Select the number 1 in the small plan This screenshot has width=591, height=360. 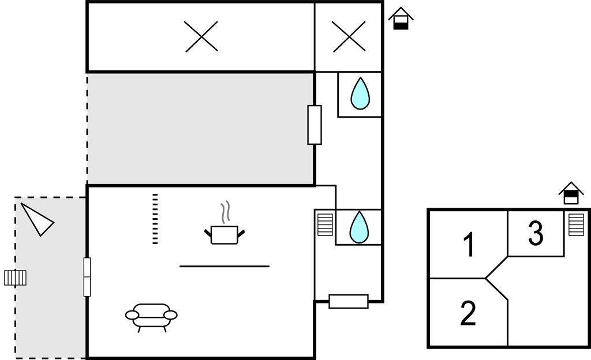click(470, 244)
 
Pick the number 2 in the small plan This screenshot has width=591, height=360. click(468, 313)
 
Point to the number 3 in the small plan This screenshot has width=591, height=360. click(536, 234)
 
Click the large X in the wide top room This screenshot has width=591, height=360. click(201, 36)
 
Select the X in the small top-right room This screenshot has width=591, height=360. click(349, 36)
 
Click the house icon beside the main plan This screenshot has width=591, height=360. click(401, 18)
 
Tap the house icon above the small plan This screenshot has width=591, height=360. click(571, 193)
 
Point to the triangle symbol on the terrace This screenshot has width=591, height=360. click(37, 218)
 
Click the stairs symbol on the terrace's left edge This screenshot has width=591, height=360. click(16, 278)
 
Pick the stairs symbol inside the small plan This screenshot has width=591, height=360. click(576, 224)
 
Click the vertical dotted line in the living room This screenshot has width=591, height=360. click(155, 219)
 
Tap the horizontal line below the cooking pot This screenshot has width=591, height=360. click(225, 266)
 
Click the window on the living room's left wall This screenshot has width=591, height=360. click(87, 276)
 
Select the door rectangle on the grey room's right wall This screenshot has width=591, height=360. click(315, 125)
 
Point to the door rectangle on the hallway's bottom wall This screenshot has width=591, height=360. click(349, 301)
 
